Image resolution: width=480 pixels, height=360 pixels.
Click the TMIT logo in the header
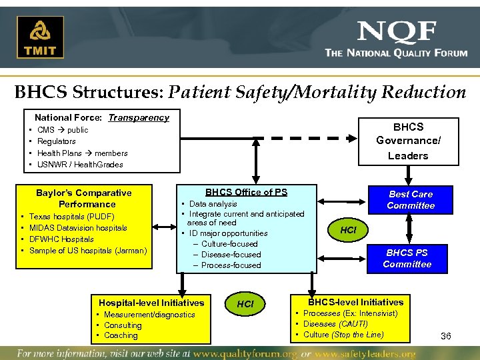41,37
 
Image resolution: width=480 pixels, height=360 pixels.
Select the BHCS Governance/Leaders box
407,141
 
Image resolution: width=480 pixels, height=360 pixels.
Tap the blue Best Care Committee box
411,199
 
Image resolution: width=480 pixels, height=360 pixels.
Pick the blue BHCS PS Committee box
407,258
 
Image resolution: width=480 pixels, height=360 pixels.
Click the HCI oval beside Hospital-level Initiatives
245,303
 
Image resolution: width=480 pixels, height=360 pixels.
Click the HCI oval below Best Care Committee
348,229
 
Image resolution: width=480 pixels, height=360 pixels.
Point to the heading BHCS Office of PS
246,192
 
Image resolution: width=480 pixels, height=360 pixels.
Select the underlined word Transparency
139,117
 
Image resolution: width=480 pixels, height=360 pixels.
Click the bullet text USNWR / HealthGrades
80,164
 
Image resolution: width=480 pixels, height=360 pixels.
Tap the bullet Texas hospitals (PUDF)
72,217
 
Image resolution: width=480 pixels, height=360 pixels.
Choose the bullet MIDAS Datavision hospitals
78,228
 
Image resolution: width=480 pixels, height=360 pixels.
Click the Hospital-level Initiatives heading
151,303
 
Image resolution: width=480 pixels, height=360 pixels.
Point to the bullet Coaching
121,335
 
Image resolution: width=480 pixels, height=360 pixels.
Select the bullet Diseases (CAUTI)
335,324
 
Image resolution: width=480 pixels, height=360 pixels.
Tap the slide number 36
446,336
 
